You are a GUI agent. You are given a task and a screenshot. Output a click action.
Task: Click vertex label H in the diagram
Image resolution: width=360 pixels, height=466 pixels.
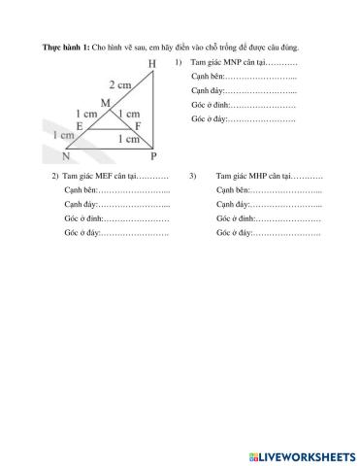(151, 65)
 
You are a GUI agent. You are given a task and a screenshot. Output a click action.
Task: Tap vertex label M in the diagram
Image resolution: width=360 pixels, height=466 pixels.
(104, 102)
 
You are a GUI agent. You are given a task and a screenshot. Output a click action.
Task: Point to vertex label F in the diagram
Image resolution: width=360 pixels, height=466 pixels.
(138, 126)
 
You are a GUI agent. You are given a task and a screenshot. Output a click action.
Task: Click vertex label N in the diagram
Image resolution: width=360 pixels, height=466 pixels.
(66, 155)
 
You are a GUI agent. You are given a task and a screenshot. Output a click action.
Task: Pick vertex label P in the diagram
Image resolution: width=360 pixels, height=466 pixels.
(153, 155)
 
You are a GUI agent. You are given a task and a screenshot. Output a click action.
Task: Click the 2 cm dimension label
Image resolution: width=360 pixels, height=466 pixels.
(120, 83)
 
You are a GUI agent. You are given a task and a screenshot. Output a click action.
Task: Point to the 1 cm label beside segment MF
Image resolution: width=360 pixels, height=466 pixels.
(127, 115)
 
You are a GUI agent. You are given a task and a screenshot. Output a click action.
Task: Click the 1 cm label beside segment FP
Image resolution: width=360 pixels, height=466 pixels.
(128, 139)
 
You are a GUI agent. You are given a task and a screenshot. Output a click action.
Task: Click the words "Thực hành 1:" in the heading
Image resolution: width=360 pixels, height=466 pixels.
(65, 47)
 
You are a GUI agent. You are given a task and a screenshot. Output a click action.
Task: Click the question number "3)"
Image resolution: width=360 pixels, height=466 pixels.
(193, 176)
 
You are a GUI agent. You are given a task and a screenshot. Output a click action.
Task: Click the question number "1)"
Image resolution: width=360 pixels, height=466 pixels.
(180, 62)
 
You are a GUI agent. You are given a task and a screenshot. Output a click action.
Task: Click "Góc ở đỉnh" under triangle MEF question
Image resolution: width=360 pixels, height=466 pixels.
(82, 219)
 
